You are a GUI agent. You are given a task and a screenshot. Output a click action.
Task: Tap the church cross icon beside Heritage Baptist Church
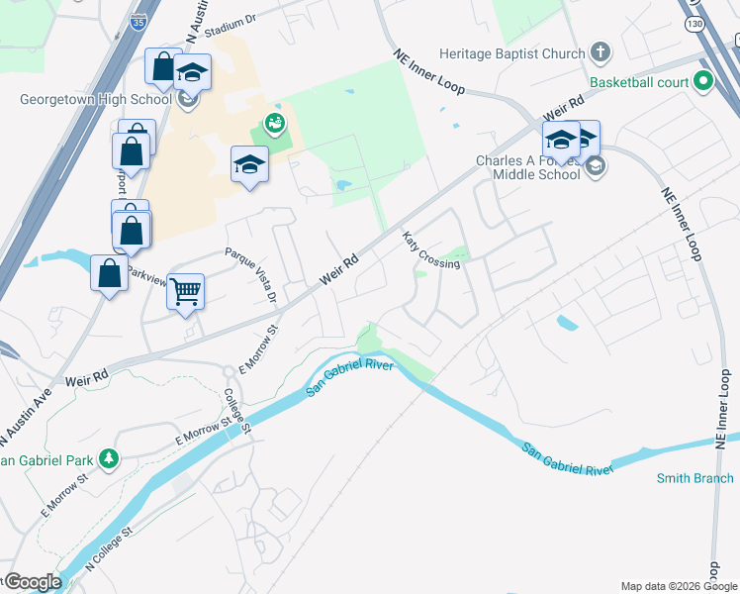pyautogui.click(x=600, y=51)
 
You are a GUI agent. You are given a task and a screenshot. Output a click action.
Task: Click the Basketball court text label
pyautogui.click(x=640, y=81)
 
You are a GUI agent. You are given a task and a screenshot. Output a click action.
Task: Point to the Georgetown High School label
pyautogui.click(x=97, y=99)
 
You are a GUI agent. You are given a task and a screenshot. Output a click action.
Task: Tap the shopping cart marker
pyautogui.click(x=185, y=292)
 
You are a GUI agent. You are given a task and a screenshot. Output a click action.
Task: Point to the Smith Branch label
pyautogui.click(x=695, y=479)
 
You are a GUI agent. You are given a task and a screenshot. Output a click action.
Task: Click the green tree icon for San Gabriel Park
pyautogui.click(x=110, y=458)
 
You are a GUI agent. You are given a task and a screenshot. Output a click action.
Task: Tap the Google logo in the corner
pyautogui.click(x=32, y=582)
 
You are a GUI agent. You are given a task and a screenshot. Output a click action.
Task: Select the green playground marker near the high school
pyautogui.click(x=273, y=124)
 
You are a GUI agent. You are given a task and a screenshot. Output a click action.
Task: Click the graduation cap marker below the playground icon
pyautogui.click(x=249, y=163)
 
